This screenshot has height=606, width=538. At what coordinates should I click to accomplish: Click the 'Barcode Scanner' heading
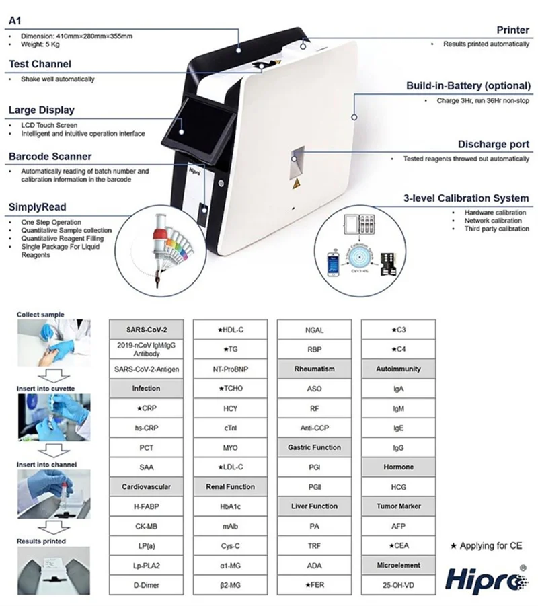coord(50,157)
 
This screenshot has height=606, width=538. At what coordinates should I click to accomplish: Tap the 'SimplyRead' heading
coord(37,207)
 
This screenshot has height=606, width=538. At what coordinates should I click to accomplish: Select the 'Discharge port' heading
coord(493,144)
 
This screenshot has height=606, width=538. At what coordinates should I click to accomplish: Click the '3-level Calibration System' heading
coord(466,198)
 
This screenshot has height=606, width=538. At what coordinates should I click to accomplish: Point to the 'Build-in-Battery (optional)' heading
coord(467,86)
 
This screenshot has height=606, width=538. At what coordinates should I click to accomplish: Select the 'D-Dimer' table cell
coord(146,584)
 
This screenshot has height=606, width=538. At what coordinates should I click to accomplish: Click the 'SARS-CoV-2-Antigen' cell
coord(146,369)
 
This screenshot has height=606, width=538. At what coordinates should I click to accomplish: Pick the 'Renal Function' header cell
coord(230,486)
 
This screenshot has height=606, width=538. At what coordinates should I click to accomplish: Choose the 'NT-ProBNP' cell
coord(230,369)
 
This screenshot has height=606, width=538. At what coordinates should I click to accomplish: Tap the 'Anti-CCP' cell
coord(314,428)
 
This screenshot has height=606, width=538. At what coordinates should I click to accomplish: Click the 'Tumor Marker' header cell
coord(398,506)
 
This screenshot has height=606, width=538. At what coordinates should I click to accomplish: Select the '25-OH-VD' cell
coord(398,584)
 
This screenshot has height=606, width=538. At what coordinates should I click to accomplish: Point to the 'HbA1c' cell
coord(230,506)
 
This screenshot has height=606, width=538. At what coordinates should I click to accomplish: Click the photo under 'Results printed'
coord(53,570)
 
